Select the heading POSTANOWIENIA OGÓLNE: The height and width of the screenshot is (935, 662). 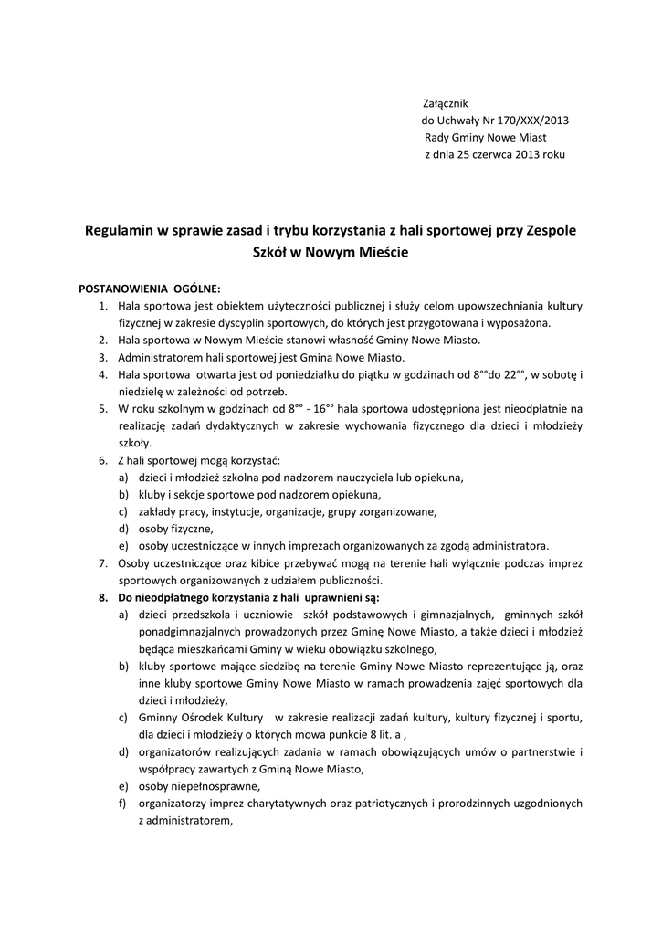coord(150,288)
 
